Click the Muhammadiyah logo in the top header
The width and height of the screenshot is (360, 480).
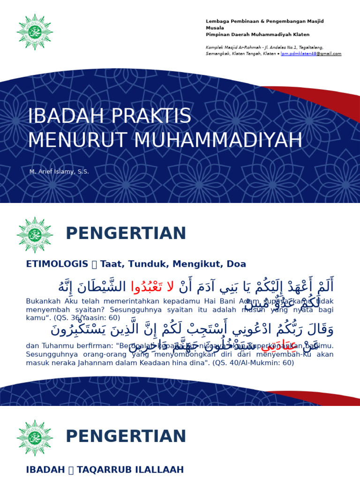coord(34,32)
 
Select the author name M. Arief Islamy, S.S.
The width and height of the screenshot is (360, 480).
coord(59,172)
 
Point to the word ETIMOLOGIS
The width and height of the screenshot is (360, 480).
coord(57,264)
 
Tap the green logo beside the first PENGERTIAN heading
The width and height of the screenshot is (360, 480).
coord(34,235)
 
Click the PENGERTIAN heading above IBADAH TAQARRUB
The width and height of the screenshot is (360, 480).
coord(126,436)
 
